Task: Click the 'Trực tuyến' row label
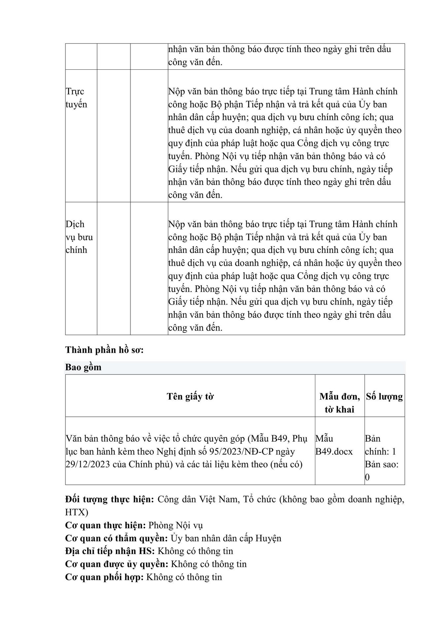[x=76, y=98]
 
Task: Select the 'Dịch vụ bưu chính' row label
[x=79, y=237]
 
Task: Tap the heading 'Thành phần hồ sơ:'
[x=104, y=350]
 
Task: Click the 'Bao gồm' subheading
[x=83, y=367]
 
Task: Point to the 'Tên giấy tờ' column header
[x=190, y=396]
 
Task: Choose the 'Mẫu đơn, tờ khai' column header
[x=339, y=403]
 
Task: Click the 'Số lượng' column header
[x=384, y=396]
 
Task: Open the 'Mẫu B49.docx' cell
[x=334, y=445]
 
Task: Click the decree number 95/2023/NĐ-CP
[x=234, y=451]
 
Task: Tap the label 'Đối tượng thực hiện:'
[x=110, y=499]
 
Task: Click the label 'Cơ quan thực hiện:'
[x=105, y=525]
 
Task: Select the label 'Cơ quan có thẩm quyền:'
[x=116, y=538]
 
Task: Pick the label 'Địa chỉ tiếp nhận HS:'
[x=110, y=551]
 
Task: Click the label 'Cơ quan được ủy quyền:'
[x=117, y=564]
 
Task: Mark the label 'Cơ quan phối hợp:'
[x=104, y=577]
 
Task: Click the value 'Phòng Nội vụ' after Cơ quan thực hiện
[x=176, y=525]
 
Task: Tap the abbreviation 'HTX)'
[x=77, y=512]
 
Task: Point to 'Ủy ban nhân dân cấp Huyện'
[x=226, y=538]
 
